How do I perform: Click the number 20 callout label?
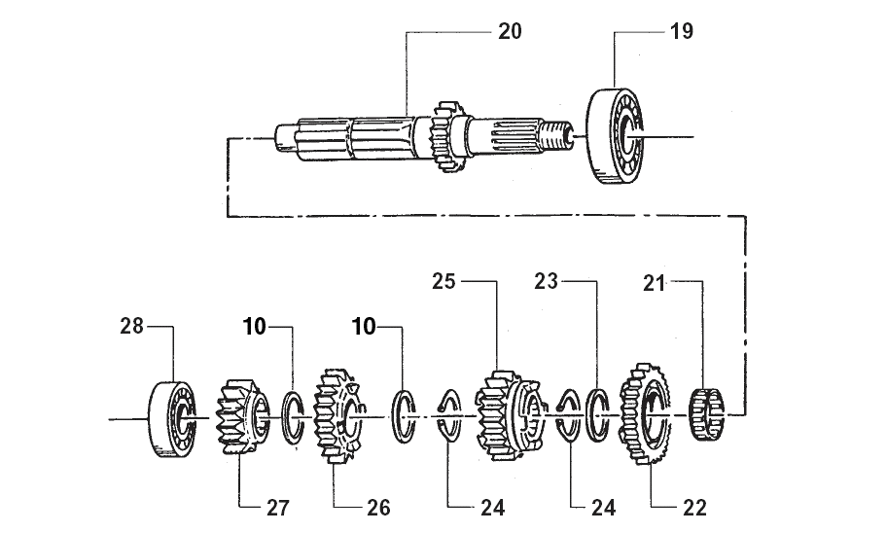pos(510,32)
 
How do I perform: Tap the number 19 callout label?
pos(682,32)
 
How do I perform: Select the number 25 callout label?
pos(443,281)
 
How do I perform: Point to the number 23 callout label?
pos(546,281)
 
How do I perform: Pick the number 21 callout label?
pos(654,283)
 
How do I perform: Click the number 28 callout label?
pos(132,327)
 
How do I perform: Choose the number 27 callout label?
pos(278,508)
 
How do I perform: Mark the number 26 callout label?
pos(378,508)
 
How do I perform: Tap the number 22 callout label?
pos(694,508)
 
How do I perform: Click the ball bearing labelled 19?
pos(615,136)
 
